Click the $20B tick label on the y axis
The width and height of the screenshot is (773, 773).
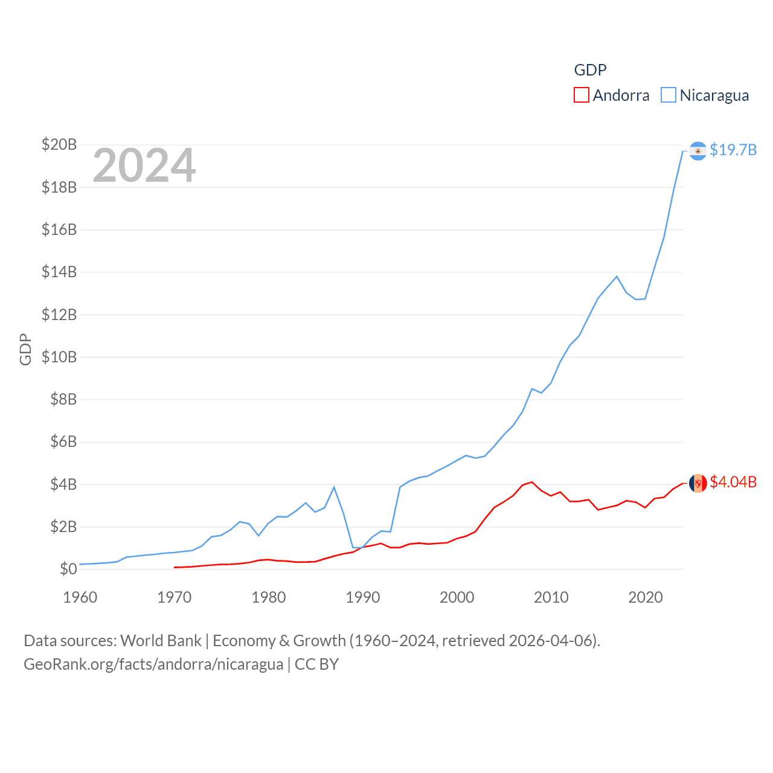(x=59, y=144)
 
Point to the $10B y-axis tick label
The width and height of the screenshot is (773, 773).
(x=59, y=357)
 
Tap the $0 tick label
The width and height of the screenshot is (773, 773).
(x=68, y=569)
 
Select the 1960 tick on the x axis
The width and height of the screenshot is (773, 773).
(x=80, y=597)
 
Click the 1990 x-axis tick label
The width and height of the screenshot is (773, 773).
(x=363, y=597)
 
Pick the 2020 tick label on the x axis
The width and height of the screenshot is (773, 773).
(x=646, y=597)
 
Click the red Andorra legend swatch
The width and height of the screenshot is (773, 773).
(x=582, y=95)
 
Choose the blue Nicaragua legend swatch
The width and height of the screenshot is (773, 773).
(x=669, y=95)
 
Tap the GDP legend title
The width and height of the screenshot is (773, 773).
(x=590, y=70)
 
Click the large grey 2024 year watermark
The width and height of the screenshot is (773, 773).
(x=144, y=165)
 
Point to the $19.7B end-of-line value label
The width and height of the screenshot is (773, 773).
(x=733, y=150)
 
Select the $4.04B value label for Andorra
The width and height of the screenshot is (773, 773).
(x=733, y=482)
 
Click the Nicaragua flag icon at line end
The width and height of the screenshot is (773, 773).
(x=698, y=150)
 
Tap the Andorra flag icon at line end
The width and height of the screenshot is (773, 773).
(x=698, y=483)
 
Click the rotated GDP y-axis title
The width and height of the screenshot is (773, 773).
(x=25, y=349)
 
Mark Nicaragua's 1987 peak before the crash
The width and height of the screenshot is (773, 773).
(x=334, y=487)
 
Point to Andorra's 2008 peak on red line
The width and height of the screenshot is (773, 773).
(x=532, y=482)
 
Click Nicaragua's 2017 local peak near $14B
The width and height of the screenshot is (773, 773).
(x=617, y=277)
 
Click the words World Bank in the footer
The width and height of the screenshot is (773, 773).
(x=161, y=640)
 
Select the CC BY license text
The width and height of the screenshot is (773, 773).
(x=316, y=664)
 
